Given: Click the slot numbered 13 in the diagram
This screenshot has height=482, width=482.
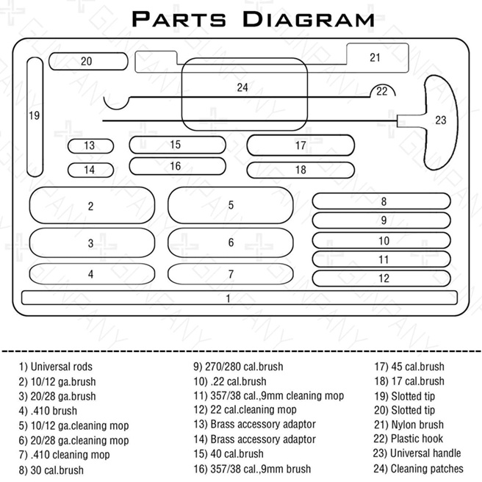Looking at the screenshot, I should [90, 146].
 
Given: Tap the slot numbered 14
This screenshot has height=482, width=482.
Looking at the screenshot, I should [90, 170].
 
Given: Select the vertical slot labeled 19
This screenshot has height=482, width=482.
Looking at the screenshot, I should [35, 116].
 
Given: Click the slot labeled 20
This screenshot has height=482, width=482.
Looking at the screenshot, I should [87, 61].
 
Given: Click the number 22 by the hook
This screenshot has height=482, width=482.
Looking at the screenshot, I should [381, 92].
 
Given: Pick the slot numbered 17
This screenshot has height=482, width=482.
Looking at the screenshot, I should [301, 145].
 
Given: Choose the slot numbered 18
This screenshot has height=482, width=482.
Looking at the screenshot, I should [301, 170].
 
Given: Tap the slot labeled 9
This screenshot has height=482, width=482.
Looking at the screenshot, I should [382, 220].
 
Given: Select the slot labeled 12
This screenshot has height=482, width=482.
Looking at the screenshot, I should [382, 278].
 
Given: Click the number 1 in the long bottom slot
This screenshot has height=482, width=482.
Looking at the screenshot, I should [229, 298].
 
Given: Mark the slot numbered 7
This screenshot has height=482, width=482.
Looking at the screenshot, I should [231, 274].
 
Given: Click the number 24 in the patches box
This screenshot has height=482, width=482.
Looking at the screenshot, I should [242, 87].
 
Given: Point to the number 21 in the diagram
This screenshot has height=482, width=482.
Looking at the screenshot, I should [375, 57].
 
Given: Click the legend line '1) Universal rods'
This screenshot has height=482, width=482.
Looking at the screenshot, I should [57, 367].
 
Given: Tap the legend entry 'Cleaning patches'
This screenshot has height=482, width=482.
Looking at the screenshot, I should [418, 468].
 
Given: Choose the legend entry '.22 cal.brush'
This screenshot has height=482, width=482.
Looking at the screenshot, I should [229, 381].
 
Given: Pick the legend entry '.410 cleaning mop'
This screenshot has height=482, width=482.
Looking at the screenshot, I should [64, 455].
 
